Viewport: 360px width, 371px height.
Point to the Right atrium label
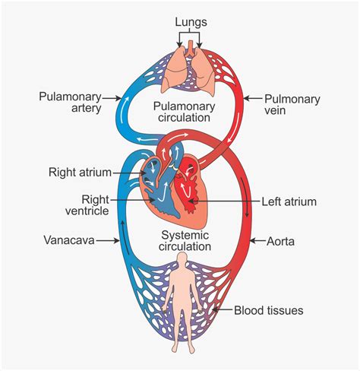80,172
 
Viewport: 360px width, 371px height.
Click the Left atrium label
289,201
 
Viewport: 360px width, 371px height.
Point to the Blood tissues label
268,310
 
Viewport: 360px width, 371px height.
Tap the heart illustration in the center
179,186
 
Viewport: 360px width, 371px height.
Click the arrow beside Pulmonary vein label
254,98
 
